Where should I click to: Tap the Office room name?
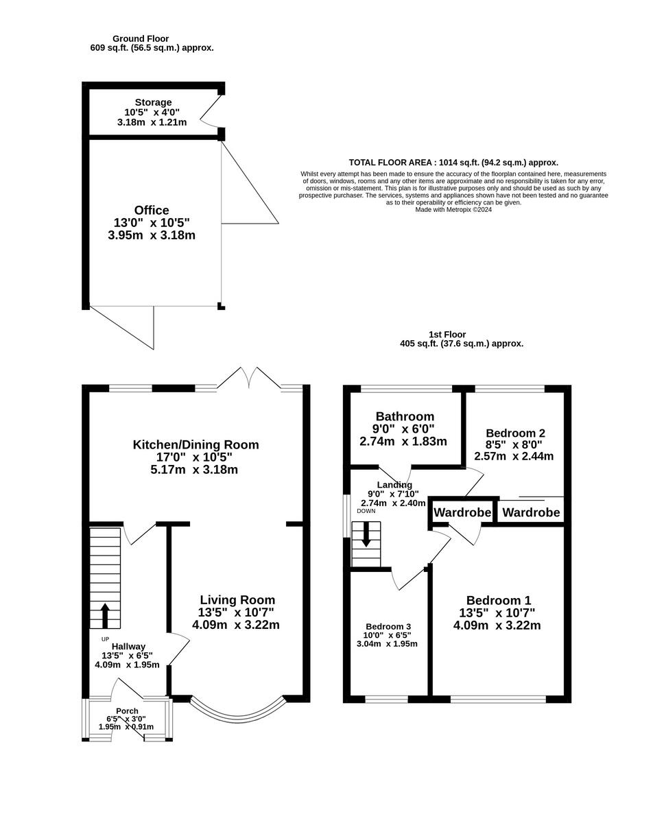(152, 210)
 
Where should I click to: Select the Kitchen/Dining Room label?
(195, 444)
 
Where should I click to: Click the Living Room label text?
(237, 599)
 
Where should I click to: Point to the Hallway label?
(128, 646)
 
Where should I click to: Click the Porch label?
(127, 711)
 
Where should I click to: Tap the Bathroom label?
(405, 416)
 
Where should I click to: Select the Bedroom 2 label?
(514, 433)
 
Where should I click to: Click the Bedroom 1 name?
(498, 599)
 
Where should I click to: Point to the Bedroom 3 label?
(388, 626)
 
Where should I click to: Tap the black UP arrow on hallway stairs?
(105, 615)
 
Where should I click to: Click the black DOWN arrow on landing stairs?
(366, 534)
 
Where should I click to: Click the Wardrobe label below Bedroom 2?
(531, 512)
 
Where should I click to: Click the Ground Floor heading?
(141, 38)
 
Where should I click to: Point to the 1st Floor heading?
(461, 334)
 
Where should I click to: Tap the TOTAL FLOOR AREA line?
(453, 163)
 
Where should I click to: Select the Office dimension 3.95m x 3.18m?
(152, 235)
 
